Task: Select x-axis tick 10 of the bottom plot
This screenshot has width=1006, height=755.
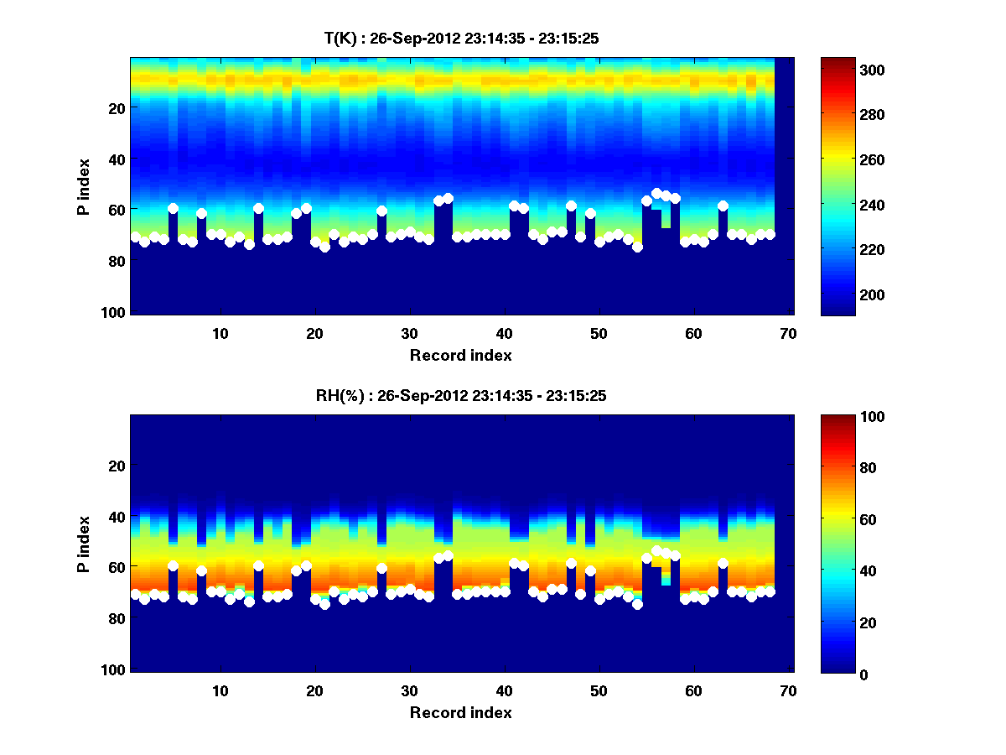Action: [220, 691]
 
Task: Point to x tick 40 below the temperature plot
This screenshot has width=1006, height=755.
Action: [504, 334]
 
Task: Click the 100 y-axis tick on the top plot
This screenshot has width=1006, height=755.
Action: [115, 312]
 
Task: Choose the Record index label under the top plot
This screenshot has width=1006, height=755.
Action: [460, 356]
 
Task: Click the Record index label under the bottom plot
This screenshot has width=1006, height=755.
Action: [460, 713]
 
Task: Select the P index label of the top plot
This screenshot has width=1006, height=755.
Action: [84, 187]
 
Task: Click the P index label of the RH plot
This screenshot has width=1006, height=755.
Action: [84, 544]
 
